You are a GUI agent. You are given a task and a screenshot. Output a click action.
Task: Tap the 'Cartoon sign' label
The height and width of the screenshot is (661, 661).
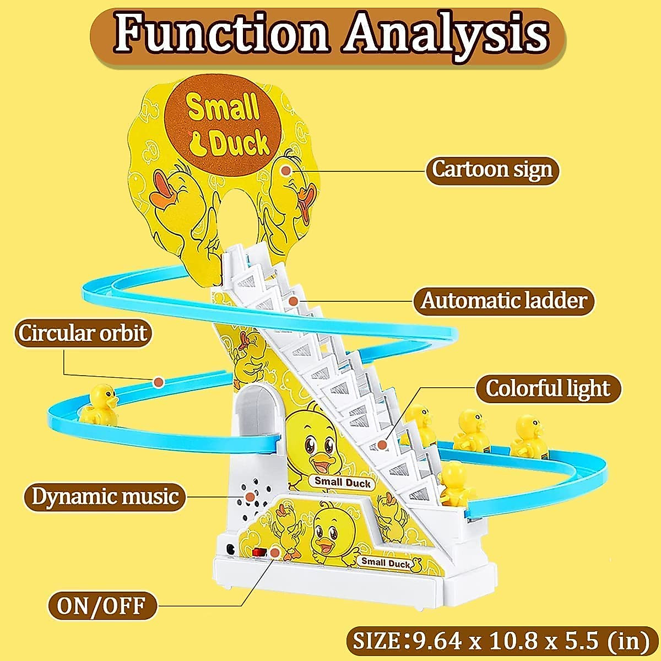(x=492, y=170)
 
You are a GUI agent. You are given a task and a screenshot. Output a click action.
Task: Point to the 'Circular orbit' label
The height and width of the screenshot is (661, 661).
(x=83, y=334)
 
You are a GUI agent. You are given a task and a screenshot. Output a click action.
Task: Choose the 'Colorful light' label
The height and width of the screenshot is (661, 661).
(x=548, y=389)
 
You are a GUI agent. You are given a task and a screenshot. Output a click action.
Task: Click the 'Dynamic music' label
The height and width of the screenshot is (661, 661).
(x=105, y=497)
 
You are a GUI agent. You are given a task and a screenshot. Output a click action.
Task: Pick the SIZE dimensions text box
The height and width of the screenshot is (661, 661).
(x=501, y=641)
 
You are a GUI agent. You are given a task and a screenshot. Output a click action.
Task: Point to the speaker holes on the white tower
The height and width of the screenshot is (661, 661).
(x=250, y=496)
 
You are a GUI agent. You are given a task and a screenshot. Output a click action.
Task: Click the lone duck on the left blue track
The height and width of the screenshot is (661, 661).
(x=101, y=407)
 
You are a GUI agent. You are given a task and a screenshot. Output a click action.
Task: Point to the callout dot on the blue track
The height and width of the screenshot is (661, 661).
(x=159, y=381)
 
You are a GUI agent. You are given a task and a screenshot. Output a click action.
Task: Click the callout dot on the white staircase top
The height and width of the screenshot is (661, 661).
(x=294, y=301)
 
